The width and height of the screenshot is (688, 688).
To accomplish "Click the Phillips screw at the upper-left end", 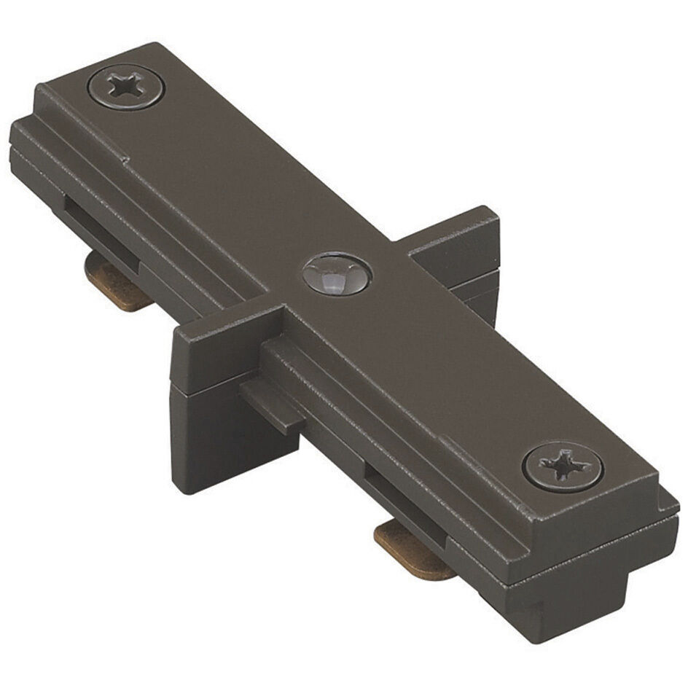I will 126,87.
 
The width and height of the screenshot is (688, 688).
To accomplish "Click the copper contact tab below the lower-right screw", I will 413,550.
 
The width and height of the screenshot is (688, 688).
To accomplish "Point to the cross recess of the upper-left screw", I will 126,87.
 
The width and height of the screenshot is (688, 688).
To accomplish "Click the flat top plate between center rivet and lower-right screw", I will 445,364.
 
